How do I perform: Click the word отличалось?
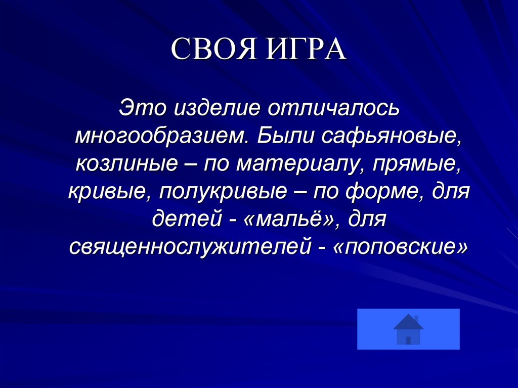335,108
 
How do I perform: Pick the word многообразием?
162,136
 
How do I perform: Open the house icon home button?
408,329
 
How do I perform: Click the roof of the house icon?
408,322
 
